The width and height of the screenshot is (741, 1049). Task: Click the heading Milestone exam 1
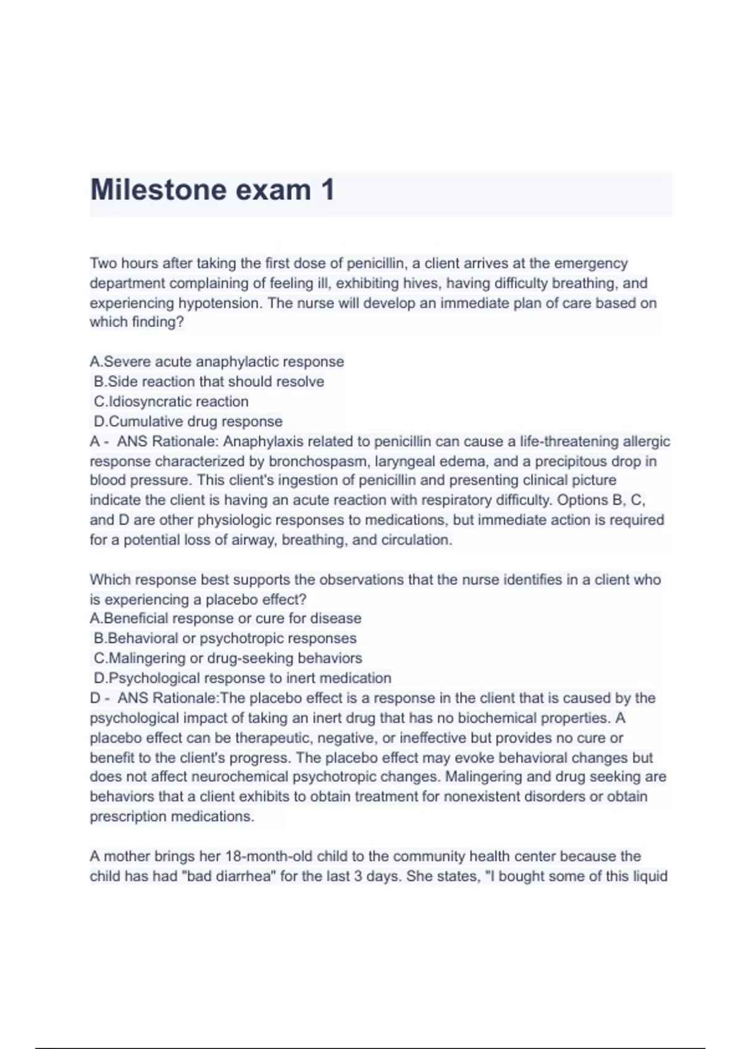212,189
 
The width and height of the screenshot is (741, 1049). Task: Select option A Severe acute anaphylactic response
217,362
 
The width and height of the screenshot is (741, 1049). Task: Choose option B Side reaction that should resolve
209,381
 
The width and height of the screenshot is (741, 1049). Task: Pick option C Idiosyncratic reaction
171,402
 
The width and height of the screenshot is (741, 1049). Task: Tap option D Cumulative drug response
188,421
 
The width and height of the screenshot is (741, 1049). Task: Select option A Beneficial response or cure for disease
225,618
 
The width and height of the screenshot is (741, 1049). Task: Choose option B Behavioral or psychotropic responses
225,638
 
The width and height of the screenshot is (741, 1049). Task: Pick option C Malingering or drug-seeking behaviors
228,658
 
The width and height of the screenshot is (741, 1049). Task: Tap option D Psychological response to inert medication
242,678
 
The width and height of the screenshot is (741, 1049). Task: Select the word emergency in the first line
590,263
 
